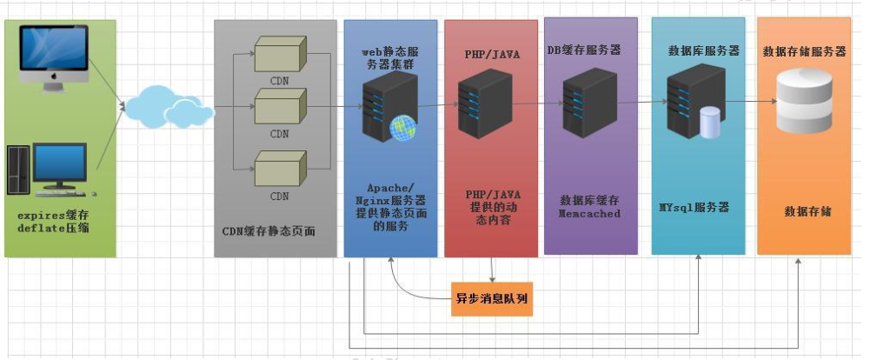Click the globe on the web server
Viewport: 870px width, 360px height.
402,128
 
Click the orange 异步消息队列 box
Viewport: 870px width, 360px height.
492,300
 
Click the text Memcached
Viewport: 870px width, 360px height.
591,213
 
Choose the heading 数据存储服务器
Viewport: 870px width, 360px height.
804,51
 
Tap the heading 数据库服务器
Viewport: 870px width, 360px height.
703,51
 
